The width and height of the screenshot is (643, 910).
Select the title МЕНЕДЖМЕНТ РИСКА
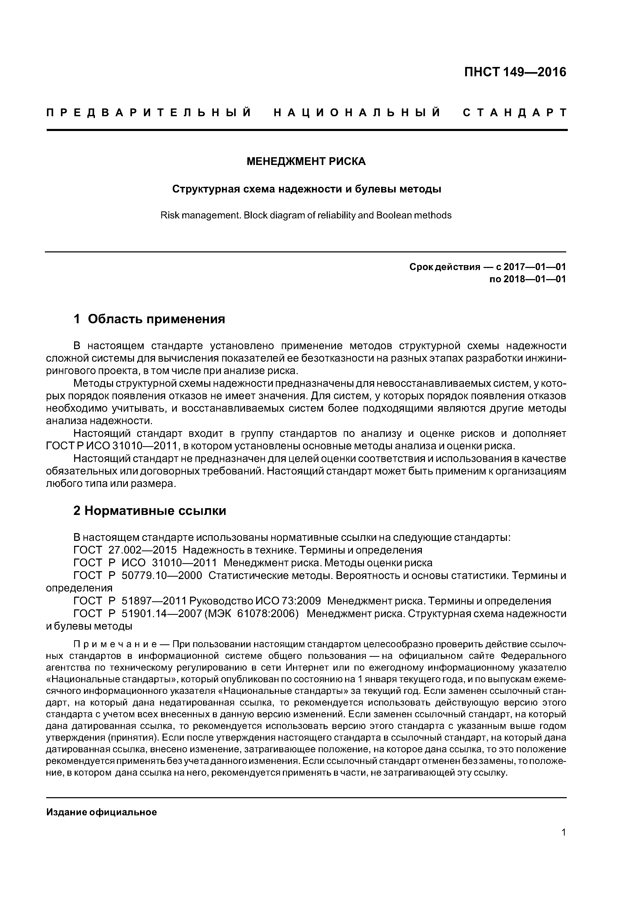pyautogui.click(x=306, y=161)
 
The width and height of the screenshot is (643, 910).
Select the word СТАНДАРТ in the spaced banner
pyautogui.click(x=515, y=113)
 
